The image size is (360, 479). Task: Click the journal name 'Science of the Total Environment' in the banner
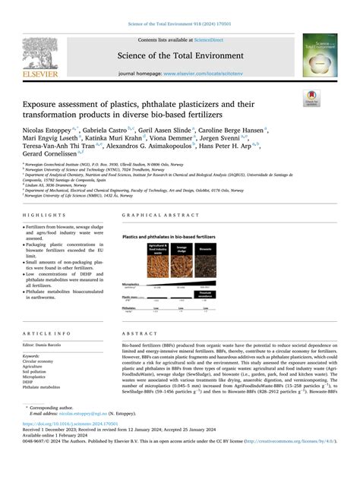(179, 55)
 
